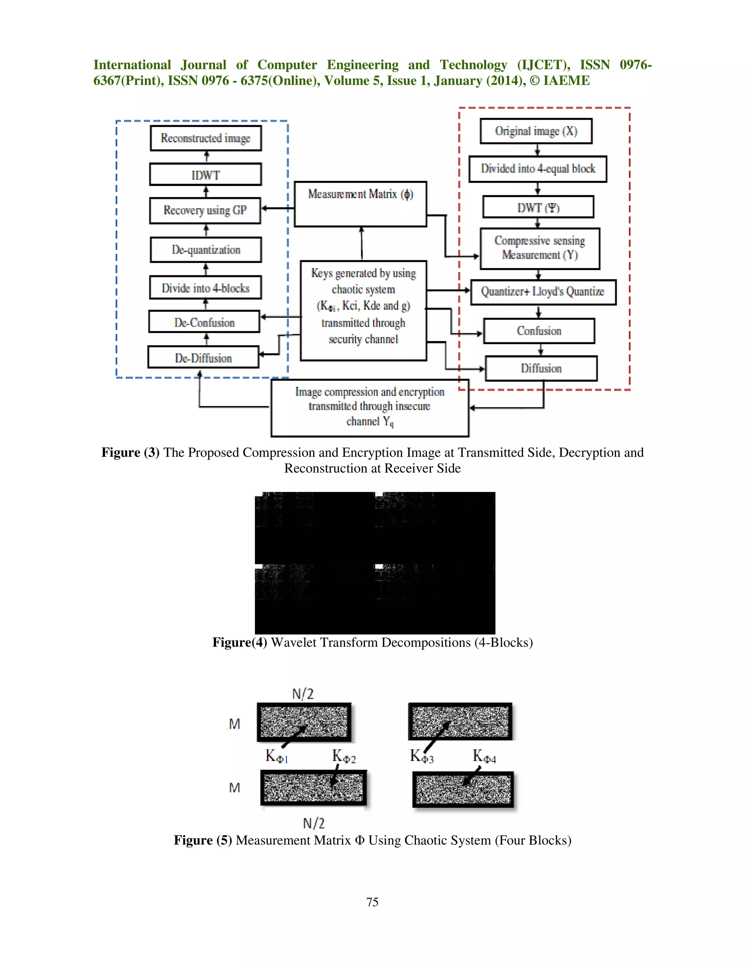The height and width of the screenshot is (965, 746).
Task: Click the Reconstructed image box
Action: (x=205, y=138)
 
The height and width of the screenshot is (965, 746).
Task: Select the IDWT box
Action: (x=205, y=174)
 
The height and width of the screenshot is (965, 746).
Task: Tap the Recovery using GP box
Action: (x=205, y=210)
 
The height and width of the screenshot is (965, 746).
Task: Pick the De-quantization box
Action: (x=205, y=250)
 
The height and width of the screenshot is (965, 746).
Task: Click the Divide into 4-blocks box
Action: (x=205, y=288)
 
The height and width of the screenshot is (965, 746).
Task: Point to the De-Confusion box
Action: (x=204, y=322)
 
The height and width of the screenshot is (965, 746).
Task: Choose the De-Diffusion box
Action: (x=203, y=358)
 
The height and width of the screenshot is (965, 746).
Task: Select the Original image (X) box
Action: (x=536, y=131)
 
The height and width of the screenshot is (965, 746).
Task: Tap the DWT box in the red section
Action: (x=538, y=207)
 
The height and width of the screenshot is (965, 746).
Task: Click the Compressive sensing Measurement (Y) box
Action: (x=539, y=248)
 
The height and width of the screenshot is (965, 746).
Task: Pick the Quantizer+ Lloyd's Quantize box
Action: (x=543, y=292)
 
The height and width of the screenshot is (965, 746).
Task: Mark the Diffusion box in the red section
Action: (x=541, y=369)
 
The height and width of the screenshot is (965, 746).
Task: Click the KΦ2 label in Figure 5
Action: (x=344, y=756)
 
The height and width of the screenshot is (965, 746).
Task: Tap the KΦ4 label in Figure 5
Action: (x=484, y=756)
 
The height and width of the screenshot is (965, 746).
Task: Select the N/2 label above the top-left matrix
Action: (x=303, y=694)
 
